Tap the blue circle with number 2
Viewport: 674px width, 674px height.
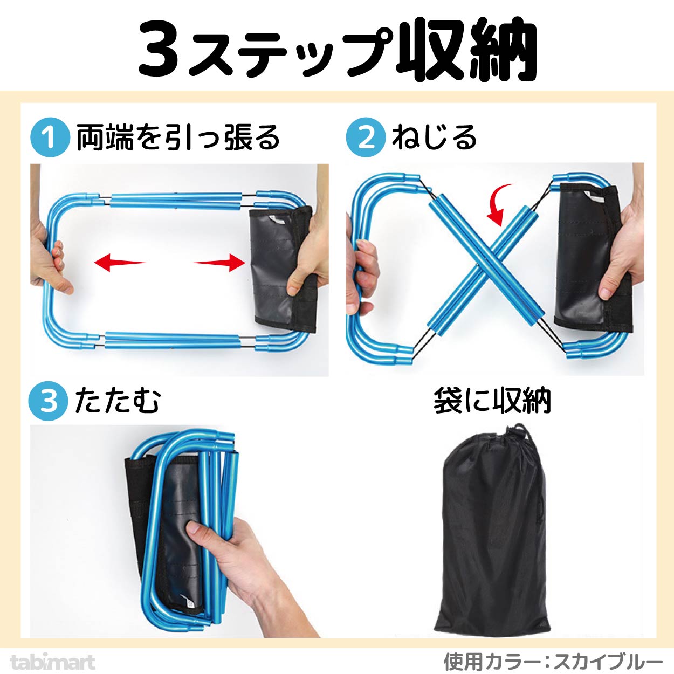click(366, 137)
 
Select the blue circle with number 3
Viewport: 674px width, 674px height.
click(49, 401)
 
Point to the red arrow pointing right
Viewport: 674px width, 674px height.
click(219, 263)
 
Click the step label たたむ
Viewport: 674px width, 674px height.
click(118, 401)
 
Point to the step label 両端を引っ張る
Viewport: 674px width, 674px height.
click(178, 137)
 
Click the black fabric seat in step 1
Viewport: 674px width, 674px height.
click(283, 269)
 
